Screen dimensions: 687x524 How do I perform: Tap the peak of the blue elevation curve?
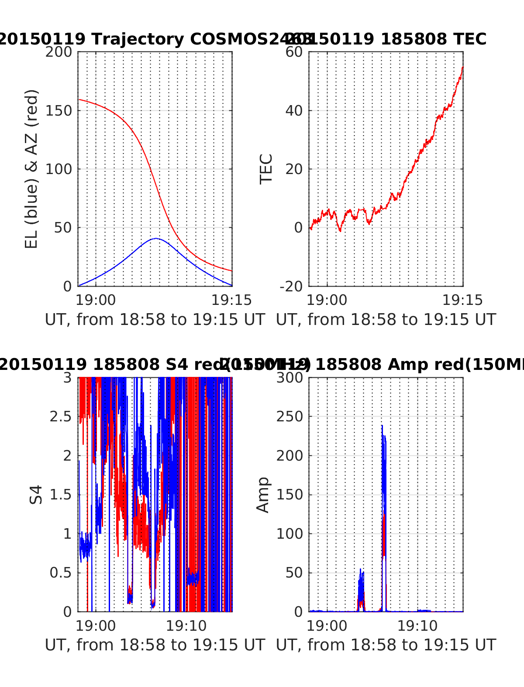156,239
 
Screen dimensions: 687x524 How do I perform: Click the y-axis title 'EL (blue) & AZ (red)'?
31,169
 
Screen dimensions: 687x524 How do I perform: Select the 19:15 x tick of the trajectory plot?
231,300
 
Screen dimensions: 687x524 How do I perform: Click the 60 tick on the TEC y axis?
294,52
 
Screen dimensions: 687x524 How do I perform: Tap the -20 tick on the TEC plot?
291,287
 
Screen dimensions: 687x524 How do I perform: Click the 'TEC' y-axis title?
266,169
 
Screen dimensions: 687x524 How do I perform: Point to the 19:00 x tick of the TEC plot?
327,300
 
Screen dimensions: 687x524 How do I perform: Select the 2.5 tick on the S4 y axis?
60,417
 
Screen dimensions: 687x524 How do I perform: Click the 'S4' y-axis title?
36,495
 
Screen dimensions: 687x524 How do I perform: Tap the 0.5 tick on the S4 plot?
60,573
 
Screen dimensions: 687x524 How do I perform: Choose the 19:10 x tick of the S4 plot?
186,626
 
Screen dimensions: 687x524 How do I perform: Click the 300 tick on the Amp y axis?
290,377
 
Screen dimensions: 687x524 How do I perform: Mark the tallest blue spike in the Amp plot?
382,426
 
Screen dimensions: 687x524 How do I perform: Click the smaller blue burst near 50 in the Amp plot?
361,570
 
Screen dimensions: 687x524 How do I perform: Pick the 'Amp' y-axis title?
263,495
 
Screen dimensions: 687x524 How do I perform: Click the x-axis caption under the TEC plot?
386,320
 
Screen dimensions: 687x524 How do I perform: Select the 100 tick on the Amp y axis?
290,533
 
